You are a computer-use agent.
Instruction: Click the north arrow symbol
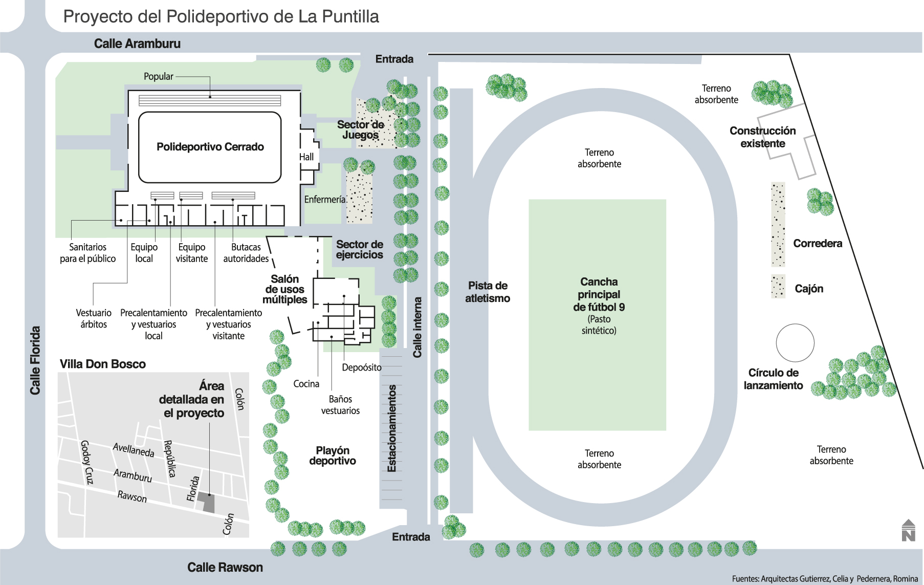(908, 531)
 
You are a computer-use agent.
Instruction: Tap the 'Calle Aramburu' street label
(137, 44)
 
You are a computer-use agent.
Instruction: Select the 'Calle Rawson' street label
(225, 568)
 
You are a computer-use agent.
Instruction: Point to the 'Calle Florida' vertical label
(35, 360)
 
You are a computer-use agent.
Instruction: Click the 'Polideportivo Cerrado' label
(210, 147)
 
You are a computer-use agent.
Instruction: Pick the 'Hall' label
(306, 157)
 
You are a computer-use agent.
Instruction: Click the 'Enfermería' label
(325, 200)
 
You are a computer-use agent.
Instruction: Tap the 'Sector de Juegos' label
(361, 130)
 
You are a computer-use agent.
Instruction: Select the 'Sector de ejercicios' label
(360, 250)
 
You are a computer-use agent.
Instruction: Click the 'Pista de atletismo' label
(488, 292)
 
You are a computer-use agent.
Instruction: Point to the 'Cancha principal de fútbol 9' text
(599, 295)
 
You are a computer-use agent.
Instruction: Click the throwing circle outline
(795, 343)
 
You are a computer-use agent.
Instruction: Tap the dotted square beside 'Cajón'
(778, 287)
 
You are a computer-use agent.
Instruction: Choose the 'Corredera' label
(818, 244)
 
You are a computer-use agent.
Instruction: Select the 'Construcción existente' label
(762, 137)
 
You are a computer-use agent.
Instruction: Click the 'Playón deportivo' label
(333, 456)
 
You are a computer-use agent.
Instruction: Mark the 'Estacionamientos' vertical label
(392, 428)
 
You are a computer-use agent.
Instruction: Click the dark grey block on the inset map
(208, 502)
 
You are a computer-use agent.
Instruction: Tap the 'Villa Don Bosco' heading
(103, 364)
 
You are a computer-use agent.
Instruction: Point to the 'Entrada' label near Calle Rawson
(411, 537)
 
